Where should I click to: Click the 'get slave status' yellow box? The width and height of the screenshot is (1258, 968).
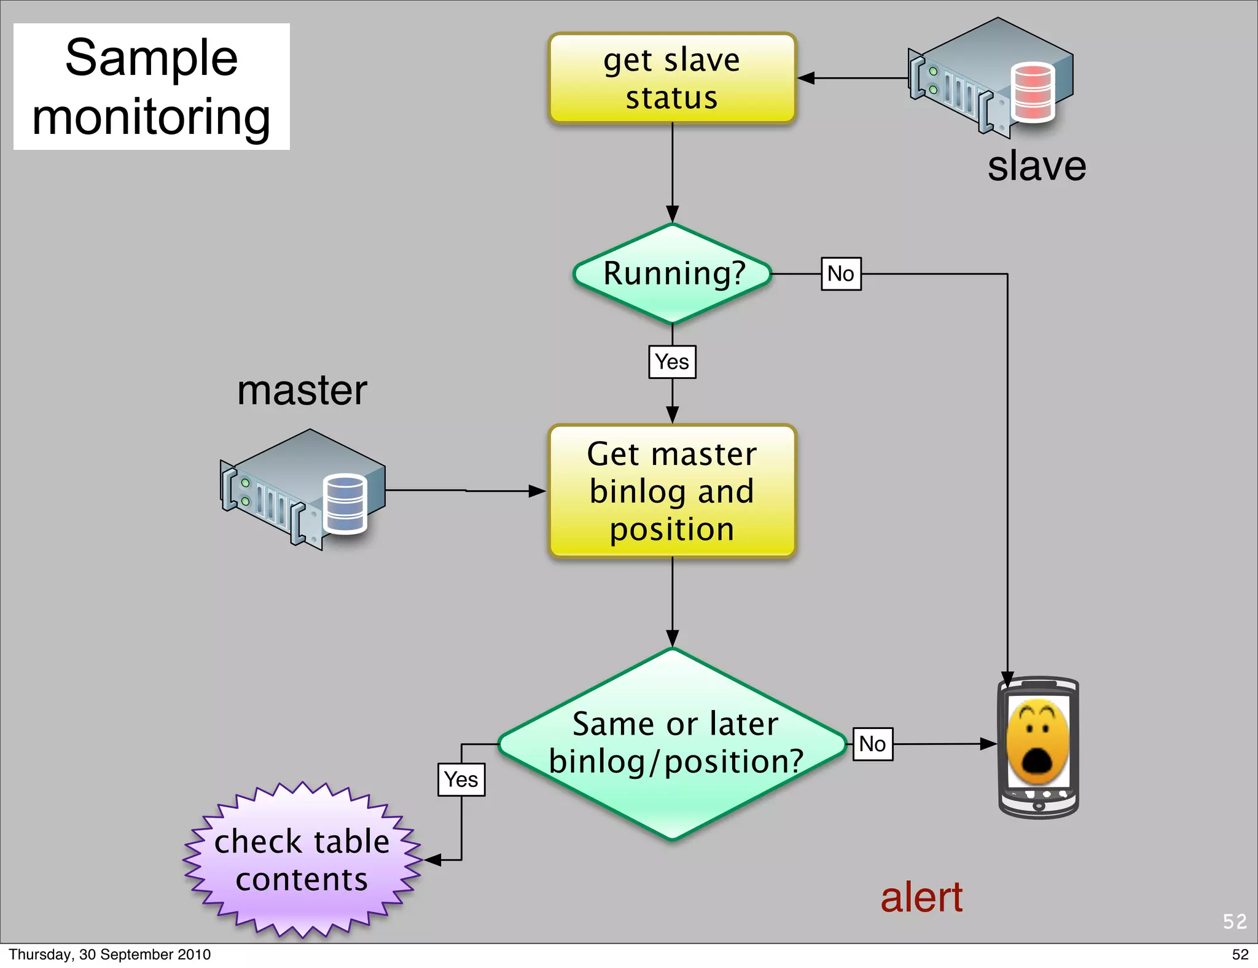[672, 79]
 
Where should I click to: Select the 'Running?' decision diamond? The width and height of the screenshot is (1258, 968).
[672, 274]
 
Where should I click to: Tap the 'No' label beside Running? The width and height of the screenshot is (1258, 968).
[841, 274]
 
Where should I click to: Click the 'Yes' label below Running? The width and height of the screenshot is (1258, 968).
[672, 362]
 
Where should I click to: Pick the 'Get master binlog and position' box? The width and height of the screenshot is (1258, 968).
[672, 491]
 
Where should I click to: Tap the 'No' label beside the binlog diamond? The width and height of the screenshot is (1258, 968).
[872, 744]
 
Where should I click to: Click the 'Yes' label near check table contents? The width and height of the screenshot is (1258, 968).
[461, 779]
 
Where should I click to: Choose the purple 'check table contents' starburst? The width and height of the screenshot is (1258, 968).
[302, 860]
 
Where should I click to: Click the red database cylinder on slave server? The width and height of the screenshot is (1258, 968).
[1033, 92]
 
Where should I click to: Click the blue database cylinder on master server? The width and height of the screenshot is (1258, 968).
[345, 504]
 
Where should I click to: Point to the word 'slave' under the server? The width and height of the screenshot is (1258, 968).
[1036, 166]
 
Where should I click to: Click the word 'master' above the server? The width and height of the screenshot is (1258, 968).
[302, 391]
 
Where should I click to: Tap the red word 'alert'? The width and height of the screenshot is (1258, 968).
[921, 897]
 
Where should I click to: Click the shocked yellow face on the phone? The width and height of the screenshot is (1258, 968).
[1037, 742]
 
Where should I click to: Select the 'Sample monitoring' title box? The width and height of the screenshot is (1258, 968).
[152, 87]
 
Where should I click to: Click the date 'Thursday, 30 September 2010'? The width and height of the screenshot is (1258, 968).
[109, 954]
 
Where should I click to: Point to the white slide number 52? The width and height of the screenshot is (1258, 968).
[1234, 921]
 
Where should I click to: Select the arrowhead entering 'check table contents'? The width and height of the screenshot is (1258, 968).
[432, 860]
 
